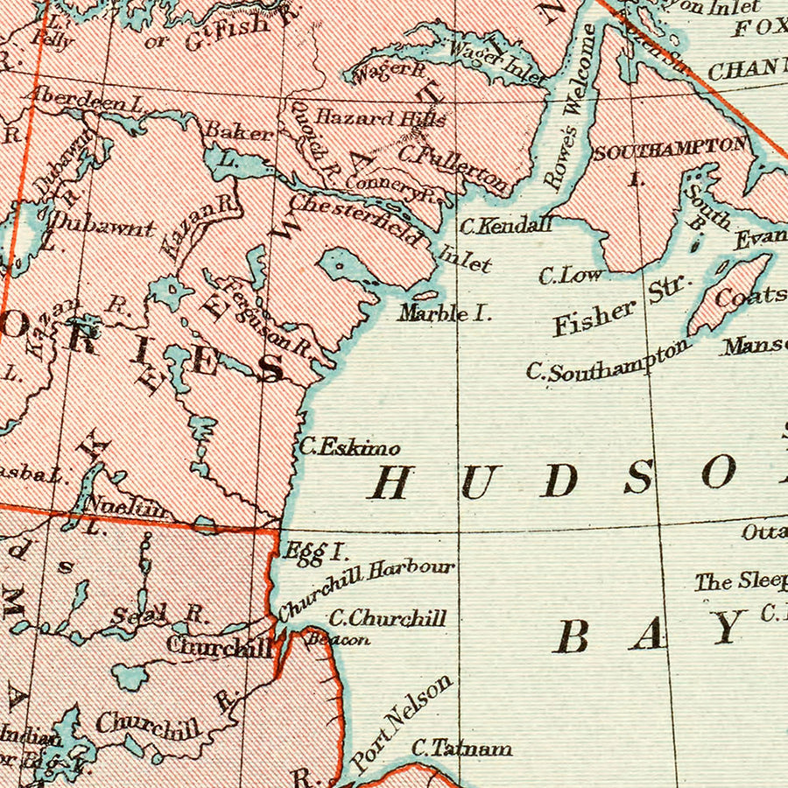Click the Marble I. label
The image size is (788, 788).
pos(445,313)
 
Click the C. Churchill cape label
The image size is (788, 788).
pos(387,618)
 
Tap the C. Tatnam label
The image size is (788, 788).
pos(461,749)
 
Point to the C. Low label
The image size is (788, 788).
pos(570,276)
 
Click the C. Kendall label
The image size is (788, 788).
pos(506,225)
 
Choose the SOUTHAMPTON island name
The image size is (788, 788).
pos(670,150)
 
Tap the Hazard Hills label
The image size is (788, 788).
pos(381,117)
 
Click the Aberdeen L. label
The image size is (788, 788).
pos(88,100)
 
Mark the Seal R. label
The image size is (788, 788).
pos(159,615)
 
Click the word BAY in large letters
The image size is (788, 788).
pos(648,633)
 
